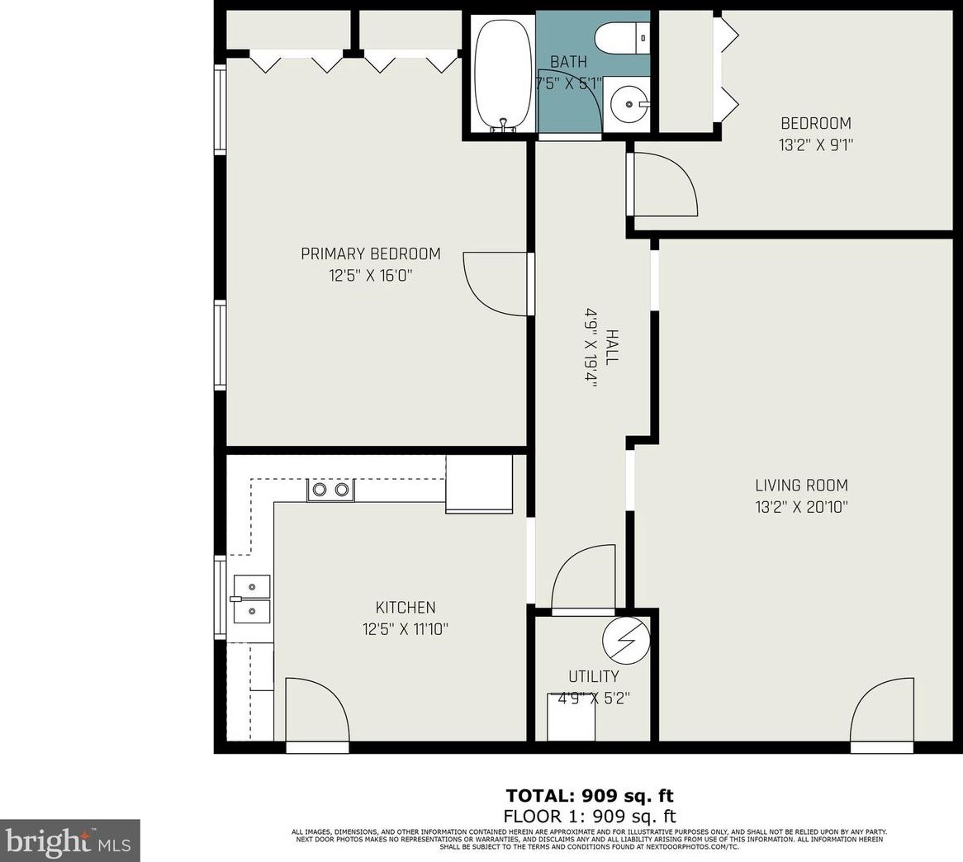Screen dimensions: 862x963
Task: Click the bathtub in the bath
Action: click(x=503, y=73)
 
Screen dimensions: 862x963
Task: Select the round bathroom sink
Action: click(x=629, y=105)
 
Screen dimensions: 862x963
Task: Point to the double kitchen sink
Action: click(x=250, y=599)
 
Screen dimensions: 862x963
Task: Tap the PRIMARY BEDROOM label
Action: click(x=370, y=253)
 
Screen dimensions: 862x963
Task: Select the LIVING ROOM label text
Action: click(x=800, y=485)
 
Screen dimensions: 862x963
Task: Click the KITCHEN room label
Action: click(x=406, y=608)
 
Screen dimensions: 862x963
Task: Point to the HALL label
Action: click(x=612, y=347)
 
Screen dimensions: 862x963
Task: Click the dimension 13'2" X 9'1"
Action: click(x=815, y=144)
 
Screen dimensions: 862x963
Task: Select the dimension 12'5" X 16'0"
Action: click(x=370, y=275)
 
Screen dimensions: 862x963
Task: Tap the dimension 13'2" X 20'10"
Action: click(x=800, y=507)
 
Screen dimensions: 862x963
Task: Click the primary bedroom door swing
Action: click(x=494, y=283)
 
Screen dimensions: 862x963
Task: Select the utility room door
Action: click(x=583, y=578)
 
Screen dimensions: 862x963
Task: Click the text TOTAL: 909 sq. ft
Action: click(x=589, y=796)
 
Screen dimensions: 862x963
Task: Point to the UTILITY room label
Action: click(x=593, y=677)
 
